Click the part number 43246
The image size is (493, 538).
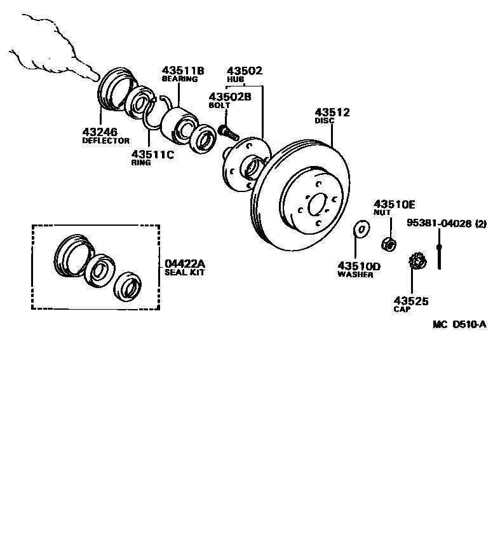pos(100,132)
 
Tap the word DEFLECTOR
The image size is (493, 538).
pos(105,141)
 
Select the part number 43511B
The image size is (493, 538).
pos(182,70)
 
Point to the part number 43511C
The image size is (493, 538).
pos(152,154)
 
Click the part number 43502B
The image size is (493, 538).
pos(230,96)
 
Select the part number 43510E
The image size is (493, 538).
pos(394,203)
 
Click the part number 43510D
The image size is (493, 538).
pos(359,266)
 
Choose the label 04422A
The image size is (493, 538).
pos(185,263)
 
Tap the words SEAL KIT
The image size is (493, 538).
pos(185,272)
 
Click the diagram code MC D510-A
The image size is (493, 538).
pos(459,324)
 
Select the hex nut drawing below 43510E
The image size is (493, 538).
pos(389,244)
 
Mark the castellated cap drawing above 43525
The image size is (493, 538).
pos(417,261)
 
